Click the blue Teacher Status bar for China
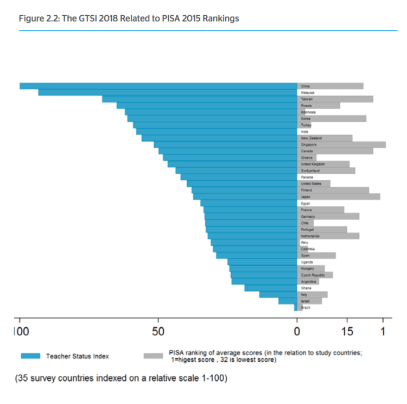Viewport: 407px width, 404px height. click(157, 86)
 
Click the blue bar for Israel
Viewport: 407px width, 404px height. click(287, 301)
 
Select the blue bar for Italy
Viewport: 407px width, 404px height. click(277, 294)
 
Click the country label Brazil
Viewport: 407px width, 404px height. click(306, 308)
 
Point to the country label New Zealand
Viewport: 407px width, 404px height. click(311, 138)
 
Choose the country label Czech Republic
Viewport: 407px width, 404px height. click(313, 275)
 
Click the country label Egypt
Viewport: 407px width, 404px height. click(305, 203)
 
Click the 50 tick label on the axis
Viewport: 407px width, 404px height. click(158, 331)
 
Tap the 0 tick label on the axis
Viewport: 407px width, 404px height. click(297, 331)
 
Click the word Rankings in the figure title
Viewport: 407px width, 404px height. click(220, 18)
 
